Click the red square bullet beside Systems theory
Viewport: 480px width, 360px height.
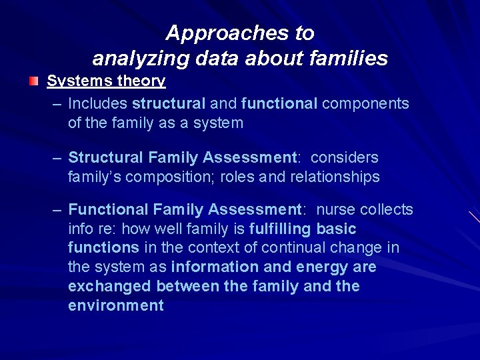pyautogui.click(x=33, y=81)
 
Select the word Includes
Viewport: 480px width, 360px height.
pyautogui.click(x=98, y=103)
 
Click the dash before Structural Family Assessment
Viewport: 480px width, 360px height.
pyautogui.click(x=58, y=158)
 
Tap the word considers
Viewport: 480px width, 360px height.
pyautogui.click(x=345, y=158)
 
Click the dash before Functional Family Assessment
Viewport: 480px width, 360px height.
pyautogui.click(x=58, y=210)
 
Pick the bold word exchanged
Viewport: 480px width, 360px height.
pyautogui.click(x=110, y=287)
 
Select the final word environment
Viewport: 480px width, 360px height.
pyautogui.click(x=116, y=306)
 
